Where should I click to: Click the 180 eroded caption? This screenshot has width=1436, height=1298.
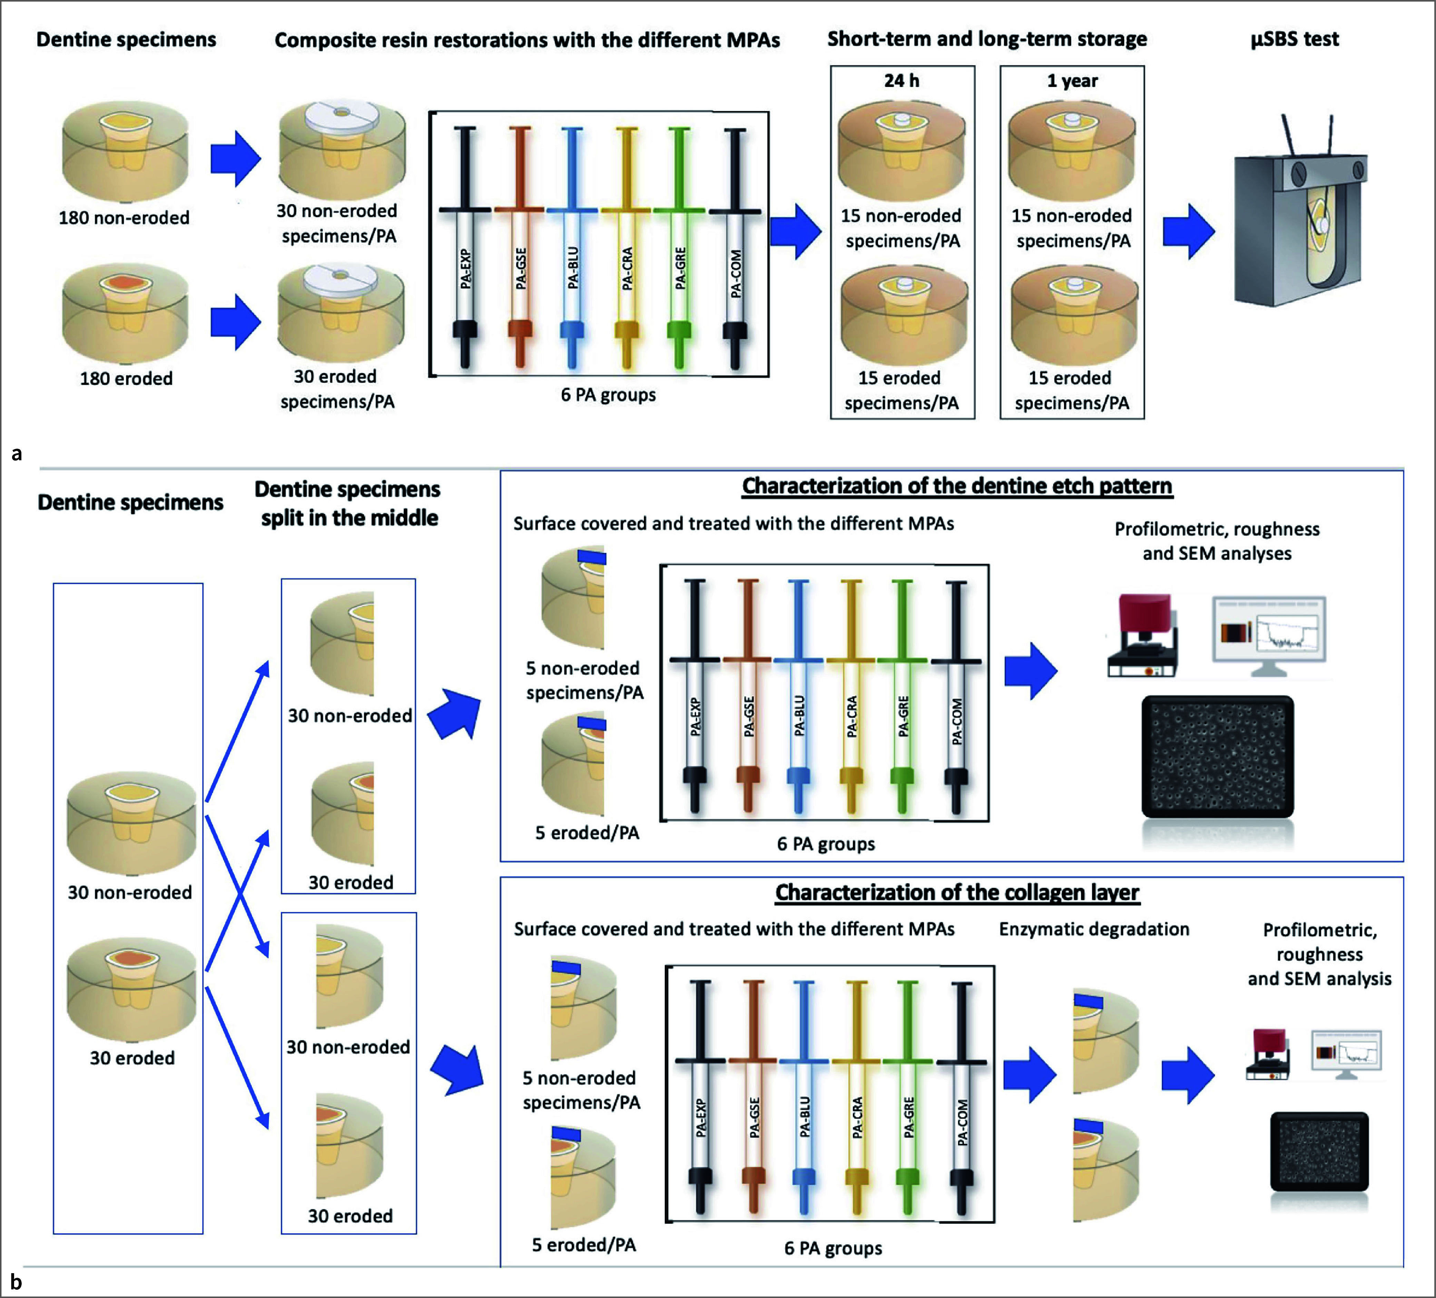(x=126, y=378)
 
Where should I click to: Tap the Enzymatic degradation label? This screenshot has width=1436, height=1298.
(x=1094, y=929)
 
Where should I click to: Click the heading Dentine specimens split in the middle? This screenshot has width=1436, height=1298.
(x=347, y=503)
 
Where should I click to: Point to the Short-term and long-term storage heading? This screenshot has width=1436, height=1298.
(x=987, y=39)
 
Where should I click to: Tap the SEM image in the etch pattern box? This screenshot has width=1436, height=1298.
(x=1217, y=757)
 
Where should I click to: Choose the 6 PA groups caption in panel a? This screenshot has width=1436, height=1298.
(x=608, y=395)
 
